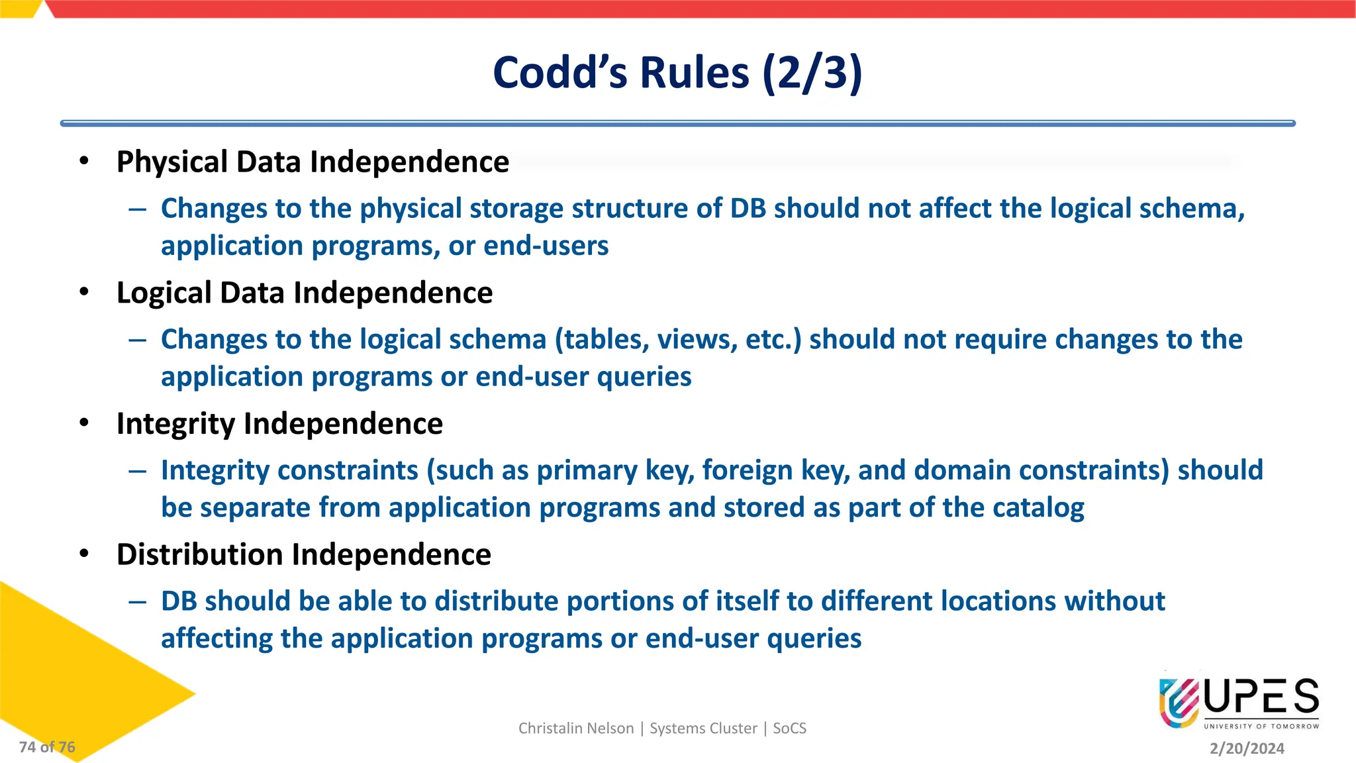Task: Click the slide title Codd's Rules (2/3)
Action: click(677, 72)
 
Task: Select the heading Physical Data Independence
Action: click(313, 162)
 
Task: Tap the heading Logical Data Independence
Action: click(305, 293)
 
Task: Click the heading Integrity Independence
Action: click(279, 424)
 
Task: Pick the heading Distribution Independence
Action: click(304, 554)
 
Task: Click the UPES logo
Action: click(1238, 703)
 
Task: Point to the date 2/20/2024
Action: click(1247, 748)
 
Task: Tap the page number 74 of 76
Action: click(47, 747)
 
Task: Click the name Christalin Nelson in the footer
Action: click(575, 729)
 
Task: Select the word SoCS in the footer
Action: click(789, 729)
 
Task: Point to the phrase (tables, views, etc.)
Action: click(678, 340)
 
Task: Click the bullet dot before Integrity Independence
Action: click(84, 423)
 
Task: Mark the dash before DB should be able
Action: click(138, 601)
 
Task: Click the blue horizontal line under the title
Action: click(677, 123)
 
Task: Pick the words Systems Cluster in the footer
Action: click(703, 729)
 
